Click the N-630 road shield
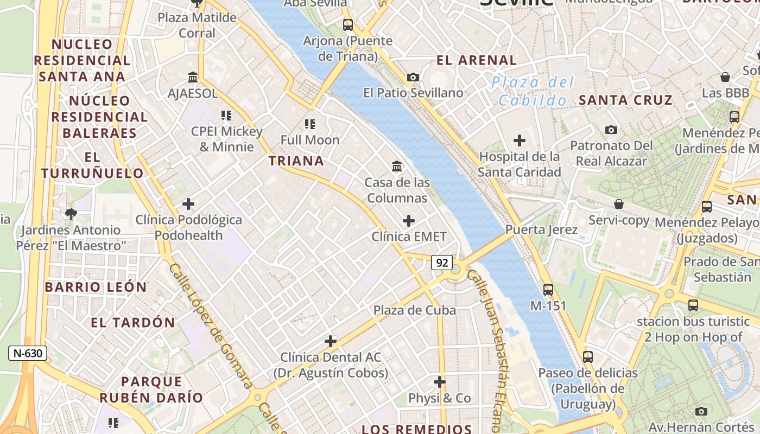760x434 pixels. coord(28,353)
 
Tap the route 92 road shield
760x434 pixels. coord(442,263)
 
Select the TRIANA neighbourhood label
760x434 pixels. coord(296,161)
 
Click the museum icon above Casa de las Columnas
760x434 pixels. coord(397,166)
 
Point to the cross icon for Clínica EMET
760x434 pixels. coord(409,221)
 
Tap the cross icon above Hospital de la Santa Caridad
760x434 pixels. coord(520,141)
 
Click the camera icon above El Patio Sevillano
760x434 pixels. coord(413,77)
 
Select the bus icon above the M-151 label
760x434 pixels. coord(548,290)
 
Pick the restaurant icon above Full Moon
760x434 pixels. coord(310,124)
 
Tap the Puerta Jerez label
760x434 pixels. coord(541,229)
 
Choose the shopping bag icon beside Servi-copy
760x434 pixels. coord(619,204)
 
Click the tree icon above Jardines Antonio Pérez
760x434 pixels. coord(71,214)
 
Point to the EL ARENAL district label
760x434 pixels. coord(477,60)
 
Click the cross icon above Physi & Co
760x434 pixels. coord(440,382)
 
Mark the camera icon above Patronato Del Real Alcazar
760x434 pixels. coord(611,130)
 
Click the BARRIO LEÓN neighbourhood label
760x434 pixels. coord(96,287)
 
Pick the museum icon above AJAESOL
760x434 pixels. coord(193,77)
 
